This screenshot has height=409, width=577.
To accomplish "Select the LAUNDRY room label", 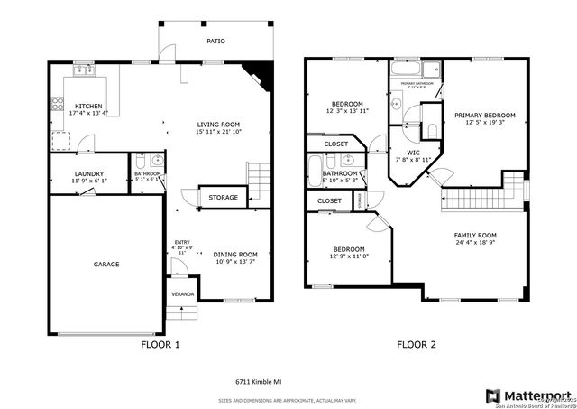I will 88,173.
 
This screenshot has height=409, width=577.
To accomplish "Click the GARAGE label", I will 106,264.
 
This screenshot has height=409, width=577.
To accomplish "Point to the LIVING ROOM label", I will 219,125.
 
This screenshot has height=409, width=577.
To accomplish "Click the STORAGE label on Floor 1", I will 223,197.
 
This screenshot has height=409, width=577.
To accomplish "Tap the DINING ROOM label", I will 235,255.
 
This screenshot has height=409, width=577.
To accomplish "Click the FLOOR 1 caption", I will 160,344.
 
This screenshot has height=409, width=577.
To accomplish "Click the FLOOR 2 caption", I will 417,344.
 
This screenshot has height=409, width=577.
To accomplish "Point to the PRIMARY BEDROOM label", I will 484,116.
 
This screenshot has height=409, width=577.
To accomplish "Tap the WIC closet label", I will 413,153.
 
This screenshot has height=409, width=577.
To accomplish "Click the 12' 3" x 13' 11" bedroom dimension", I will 347,111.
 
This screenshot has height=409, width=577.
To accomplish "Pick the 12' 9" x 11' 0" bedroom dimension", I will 348,256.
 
